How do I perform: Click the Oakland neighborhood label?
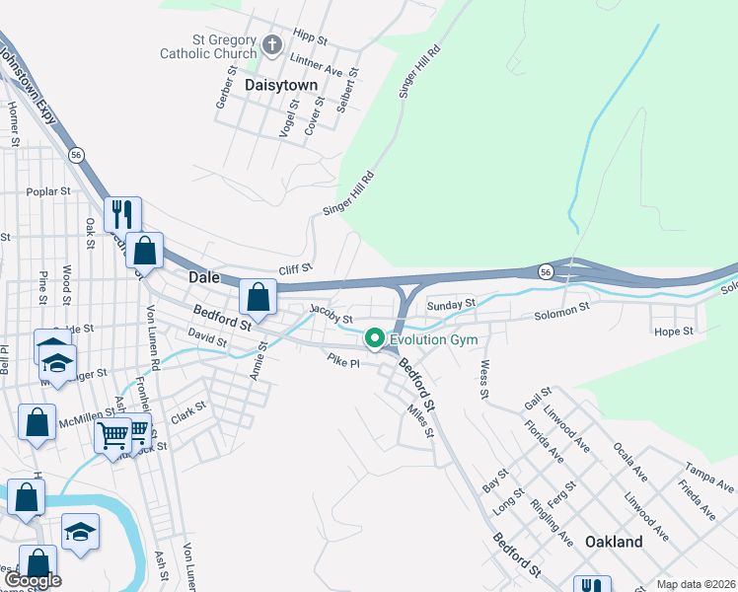[613, 542]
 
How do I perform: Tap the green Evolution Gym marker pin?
[375, 339]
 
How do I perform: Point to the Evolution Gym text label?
[433, 340]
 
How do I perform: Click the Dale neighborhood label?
[204, 279]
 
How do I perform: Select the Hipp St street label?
[309, 37]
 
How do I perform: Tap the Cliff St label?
[295, 268]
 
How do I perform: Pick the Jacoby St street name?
[331, 314]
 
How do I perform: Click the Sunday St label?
[451, 305]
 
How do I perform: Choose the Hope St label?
[674, 332]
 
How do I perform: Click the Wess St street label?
[484, 381]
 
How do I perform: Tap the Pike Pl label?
[343, 361]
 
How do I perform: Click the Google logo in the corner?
[32, 580]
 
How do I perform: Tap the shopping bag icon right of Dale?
[258, 296]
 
